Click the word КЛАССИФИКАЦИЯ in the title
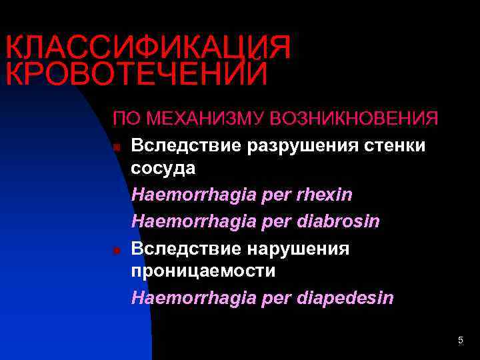[148, 48]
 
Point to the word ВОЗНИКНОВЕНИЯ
[354, 119]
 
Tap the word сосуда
[163, 168]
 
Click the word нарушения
[301, 248]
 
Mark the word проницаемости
[203, 271]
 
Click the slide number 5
[461, 341]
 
